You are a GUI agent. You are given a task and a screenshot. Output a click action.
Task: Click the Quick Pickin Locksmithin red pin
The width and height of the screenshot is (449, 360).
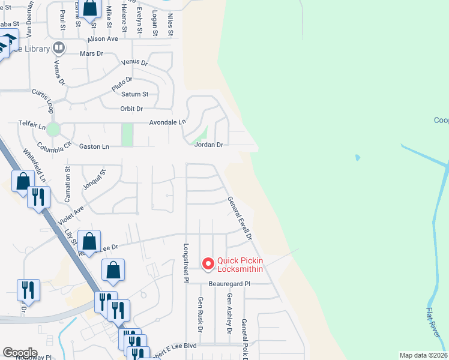point(208,263)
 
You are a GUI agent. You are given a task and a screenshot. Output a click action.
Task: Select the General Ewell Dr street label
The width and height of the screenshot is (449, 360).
point(239,219)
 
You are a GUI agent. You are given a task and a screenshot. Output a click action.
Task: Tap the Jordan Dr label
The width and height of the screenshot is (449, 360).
point(208,145)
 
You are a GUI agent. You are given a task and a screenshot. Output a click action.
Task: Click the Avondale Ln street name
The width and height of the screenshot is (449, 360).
point(168,122)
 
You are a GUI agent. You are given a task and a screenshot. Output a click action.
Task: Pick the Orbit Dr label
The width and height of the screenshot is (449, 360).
point(131,109)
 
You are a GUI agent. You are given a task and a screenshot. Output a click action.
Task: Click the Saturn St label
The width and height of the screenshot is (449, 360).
point(135,94)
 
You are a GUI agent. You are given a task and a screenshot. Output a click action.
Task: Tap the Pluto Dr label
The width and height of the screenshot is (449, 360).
point(121,83)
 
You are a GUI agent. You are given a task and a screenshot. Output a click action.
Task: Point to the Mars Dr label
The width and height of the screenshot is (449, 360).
point(92,53)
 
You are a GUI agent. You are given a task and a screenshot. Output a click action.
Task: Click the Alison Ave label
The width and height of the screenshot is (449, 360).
point(103,38)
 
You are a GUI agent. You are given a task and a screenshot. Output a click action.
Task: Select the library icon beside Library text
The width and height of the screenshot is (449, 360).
point(59,47)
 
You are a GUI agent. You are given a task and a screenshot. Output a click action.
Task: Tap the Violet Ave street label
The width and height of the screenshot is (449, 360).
point(71,214)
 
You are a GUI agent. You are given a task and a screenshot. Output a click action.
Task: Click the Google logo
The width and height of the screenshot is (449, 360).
point(20,353)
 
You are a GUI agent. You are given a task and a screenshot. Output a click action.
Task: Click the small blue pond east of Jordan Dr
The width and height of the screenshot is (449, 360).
point(358,158)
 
